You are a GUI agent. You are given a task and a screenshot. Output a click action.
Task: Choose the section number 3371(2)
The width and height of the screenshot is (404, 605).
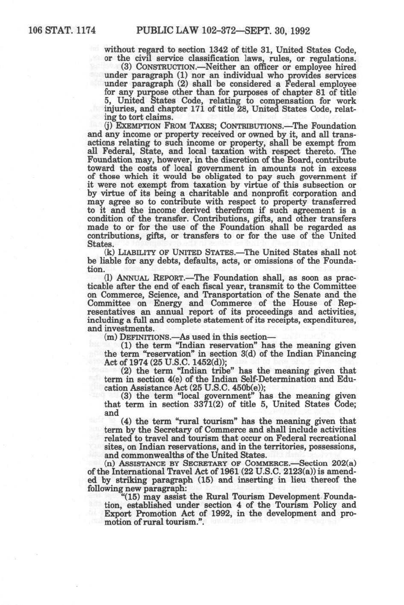(209, 404)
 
